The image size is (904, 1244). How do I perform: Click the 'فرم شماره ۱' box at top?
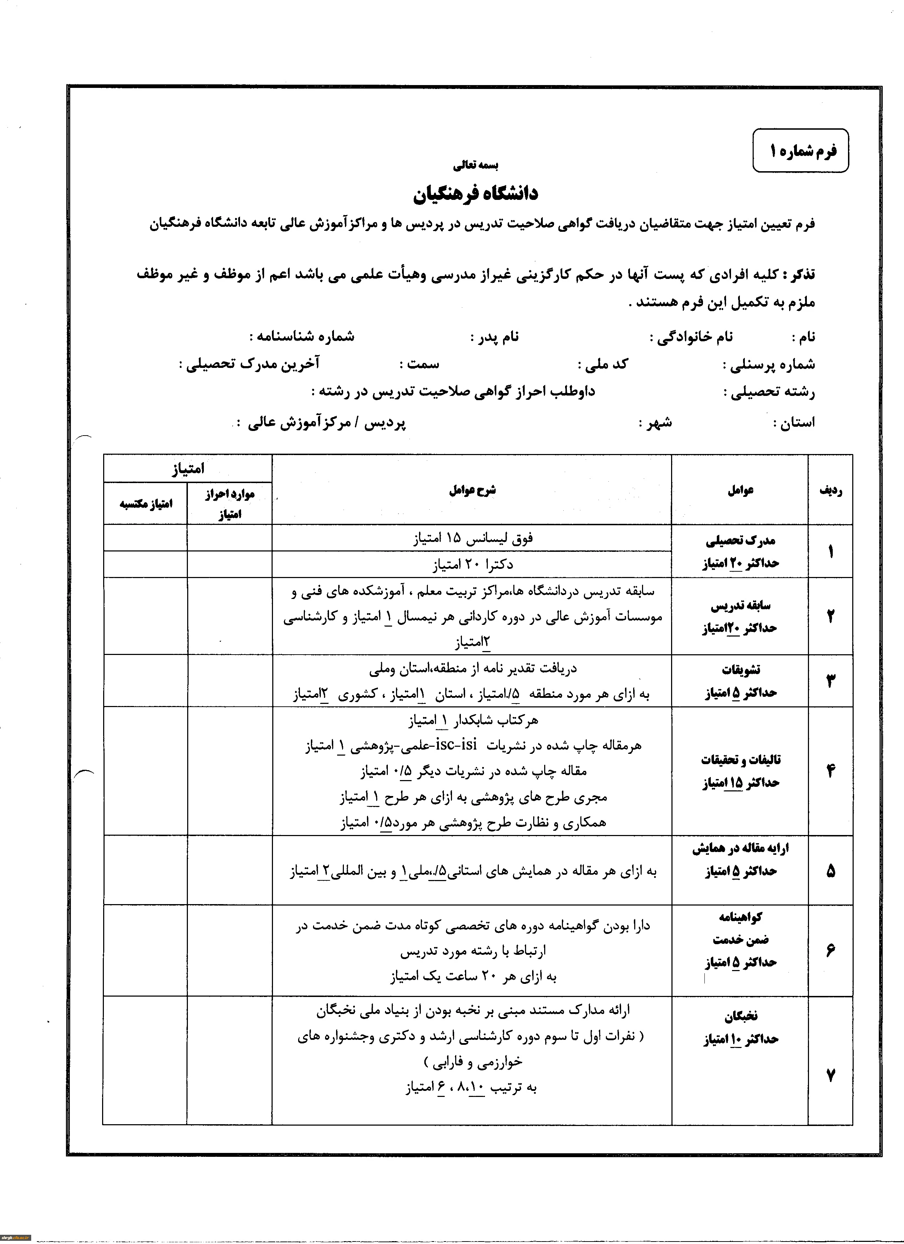click(x=800, y=151)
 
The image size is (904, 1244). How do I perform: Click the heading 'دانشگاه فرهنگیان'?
click(x=476, y=193)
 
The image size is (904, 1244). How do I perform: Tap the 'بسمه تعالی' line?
click(x=476, y=164)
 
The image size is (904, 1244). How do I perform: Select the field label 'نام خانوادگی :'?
click(x=691, y=337)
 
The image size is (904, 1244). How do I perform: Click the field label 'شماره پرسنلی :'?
click(x=769, y=365)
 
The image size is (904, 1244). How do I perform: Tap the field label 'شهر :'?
click(x=655, y=423)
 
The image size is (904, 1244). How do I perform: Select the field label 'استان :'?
click(x=794, y=422)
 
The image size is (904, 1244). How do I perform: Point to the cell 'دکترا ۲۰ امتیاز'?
click(x=472, y=564)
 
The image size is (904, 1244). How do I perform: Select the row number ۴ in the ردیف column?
click(x=831, y=771)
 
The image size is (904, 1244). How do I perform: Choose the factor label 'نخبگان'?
click(x=741, y=1016)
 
